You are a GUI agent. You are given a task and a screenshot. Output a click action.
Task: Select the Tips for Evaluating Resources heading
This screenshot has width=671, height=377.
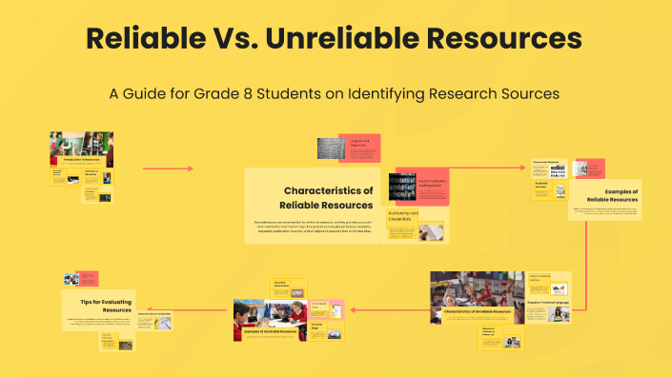[106, 305]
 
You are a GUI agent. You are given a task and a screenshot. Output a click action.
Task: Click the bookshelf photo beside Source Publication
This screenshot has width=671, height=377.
[402, 188]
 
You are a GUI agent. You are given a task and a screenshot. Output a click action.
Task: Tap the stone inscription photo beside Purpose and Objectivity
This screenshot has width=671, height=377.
[331, 149]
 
